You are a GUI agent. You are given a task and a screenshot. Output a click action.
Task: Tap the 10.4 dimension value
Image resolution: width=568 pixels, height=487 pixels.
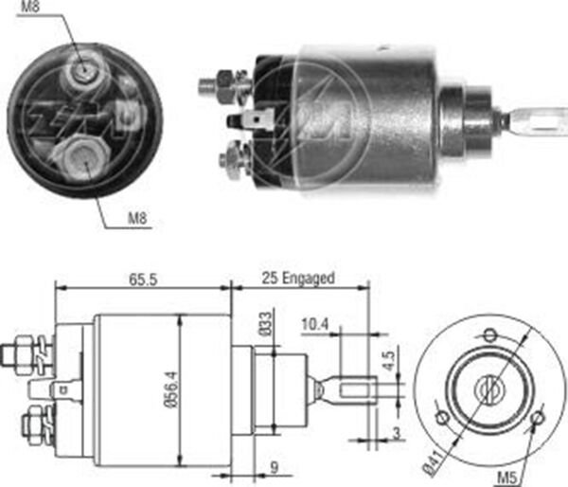click(x=317, y=324)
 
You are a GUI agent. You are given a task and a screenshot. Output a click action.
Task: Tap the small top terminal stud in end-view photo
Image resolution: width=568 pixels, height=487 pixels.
click(x=83, y=67)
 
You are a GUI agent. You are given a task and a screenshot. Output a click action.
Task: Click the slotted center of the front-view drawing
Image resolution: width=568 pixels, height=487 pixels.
click(x=488, y=386)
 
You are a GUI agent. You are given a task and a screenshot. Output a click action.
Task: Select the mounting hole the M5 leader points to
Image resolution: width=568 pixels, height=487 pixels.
click(x=538, y=416)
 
